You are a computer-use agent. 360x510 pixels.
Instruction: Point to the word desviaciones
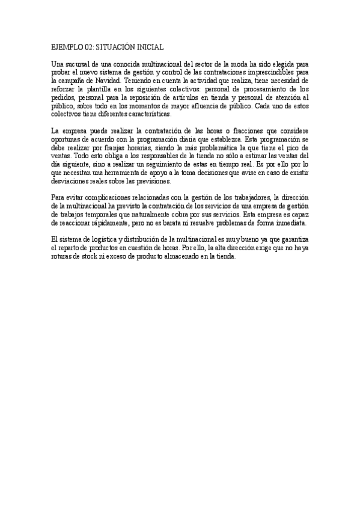pyautogui.click(x=70, y=181)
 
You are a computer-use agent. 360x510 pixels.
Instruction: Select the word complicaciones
pyautogui.click(x=108, y=198)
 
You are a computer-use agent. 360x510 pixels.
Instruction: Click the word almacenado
pyautogui.click(x=169, y=257)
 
